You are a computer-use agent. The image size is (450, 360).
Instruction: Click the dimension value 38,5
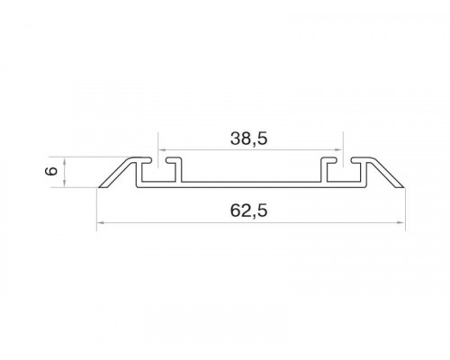(248, 139)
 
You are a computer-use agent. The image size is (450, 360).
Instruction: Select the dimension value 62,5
(248, 211)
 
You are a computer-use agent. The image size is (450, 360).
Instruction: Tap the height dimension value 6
(51, 171)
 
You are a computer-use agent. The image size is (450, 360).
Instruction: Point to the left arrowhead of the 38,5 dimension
(162, 149)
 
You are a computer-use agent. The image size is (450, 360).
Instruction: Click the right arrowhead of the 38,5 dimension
(338, 149)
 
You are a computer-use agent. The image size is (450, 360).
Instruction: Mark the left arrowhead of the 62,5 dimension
(101, 222)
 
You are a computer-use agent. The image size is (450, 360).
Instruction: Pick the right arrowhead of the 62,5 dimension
(401, 222)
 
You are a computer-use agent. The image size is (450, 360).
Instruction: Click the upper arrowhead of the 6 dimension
(65, 161)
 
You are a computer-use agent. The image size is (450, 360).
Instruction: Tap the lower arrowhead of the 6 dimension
(65, 184)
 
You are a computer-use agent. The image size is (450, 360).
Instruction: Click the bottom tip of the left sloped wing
(99, 187)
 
